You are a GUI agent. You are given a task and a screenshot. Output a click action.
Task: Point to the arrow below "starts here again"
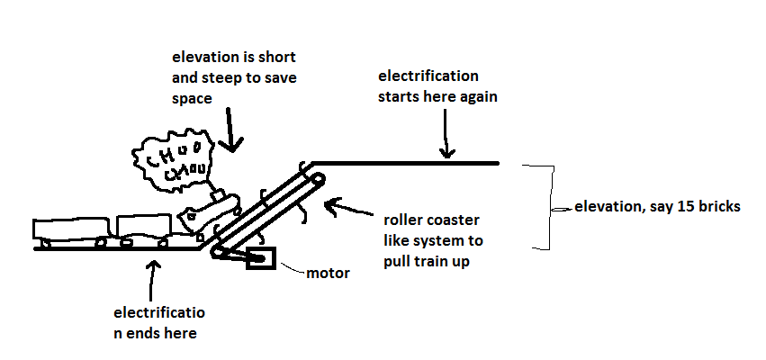click(445, 140)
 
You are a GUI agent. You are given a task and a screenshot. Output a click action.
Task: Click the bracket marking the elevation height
click(541, 206)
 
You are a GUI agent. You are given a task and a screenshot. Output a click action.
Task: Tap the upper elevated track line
click(405, 163)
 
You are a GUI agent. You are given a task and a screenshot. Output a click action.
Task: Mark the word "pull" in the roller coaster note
click(405, 260)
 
